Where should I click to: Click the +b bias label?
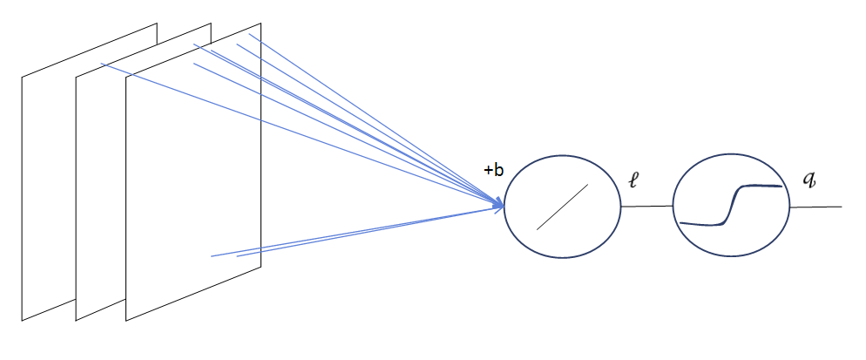[493, 171]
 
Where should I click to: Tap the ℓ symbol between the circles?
[634, 181]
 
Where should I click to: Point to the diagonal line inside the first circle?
[562, 207]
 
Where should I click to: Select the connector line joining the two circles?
[647, 207]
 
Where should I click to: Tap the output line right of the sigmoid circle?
[815, 207]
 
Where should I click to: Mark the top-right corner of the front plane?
[260, 24]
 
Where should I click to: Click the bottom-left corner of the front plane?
[126, 320]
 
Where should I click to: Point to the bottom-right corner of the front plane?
[260, 267]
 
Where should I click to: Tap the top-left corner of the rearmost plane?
[22, 78]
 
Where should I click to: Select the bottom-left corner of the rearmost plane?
[22, 320]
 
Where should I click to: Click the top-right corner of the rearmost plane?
[157, 24]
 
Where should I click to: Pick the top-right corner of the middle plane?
[211, 24]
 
